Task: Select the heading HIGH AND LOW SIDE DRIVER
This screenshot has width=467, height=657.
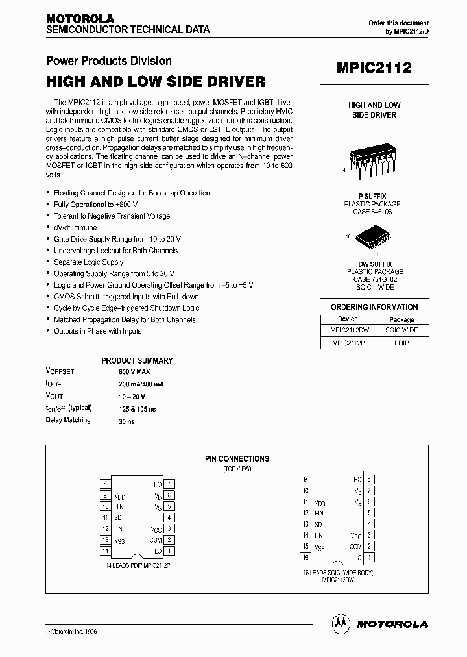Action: pos(155,82)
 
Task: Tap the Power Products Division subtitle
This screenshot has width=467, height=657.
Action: pos(108,61)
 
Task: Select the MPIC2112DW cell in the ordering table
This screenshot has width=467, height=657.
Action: pos(348,330)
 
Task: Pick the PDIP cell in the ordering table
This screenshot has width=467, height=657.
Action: pos(401,343)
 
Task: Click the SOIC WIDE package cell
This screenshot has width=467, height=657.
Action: pos(401,330)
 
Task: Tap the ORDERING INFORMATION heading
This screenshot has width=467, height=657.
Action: pos(374,307)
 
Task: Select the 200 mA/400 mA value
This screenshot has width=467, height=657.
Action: pos(141,384)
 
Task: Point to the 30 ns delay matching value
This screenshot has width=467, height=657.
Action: pos(126,421)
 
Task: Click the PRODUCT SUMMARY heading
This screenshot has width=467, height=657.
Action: pos(137,360)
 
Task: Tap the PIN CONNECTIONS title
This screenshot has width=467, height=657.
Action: pos(237,458)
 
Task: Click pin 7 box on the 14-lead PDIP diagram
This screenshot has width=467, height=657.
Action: pos(169,484)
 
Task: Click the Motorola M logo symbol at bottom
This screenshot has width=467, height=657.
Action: pos(341,623)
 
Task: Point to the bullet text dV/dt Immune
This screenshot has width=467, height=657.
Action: pos(75,227)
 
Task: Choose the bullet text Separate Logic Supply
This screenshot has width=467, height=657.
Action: pos(88,262)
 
